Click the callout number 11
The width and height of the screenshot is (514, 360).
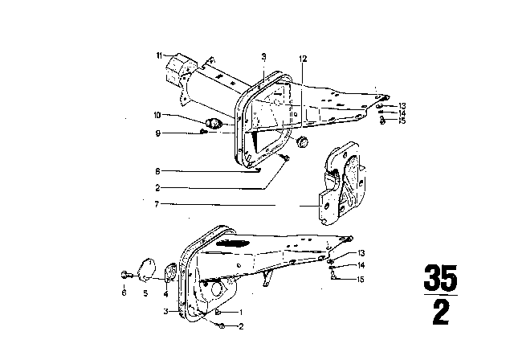[159, 55]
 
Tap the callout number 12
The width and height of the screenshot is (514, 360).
[303, 59]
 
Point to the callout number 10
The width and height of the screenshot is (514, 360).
[157, 115]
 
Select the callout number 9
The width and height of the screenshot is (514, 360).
[158, 133]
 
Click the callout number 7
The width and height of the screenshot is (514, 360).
[157, 204]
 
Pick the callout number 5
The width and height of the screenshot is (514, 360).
[145, 292]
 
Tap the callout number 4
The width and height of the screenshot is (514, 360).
[166, 294]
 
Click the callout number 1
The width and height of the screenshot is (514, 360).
[241, 312]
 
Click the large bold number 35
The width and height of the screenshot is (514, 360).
[440, 277]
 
